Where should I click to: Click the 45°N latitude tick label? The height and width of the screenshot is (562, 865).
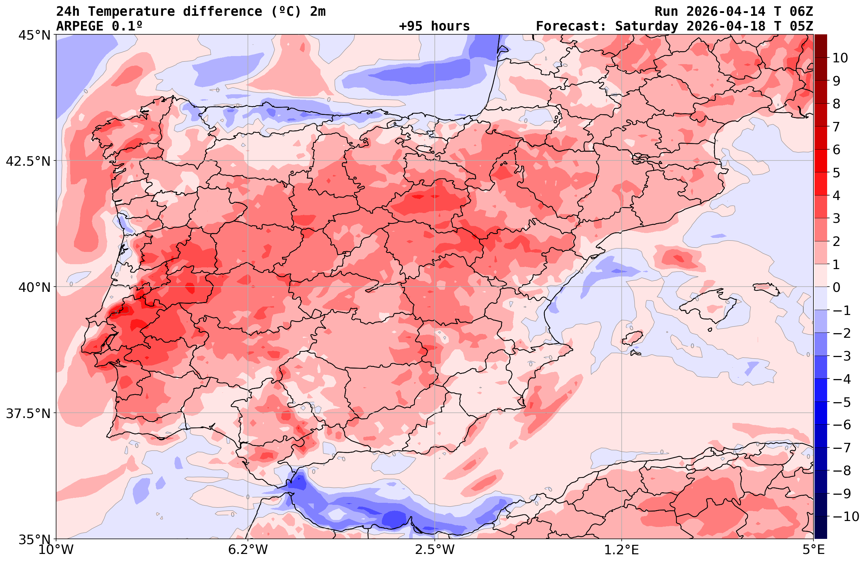[34, 35]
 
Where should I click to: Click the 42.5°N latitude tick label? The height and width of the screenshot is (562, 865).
[28, 161]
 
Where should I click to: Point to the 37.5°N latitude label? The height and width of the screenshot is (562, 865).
[28, 413]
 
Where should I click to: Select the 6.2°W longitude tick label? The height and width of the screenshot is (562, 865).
[248, 550]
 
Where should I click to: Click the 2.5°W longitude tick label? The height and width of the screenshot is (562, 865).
[435, 550]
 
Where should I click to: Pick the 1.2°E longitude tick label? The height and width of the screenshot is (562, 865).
[622, 550]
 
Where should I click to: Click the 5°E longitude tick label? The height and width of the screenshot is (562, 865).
[813, 550]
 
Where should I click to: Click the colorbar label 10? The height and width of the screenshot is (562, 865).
[840, 58]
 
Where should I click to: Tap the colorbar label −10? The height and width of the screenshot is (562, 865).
[846, 516]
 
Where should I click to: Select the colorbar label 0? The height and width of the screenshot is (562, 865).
[836, 287]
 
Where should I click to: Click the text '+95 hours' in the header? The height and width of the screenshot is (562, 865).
[434, 26]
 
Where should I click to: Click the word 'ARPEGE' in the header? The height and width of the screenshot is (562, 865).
[80, 26]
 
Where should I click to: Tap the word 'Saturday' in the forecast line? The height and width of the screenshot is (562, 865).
[647, 26]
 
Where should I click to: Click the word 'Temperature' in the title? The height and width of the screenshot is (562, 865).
[131, 12]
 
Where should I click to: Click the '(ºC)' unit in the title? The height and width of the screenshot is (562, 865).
[286, 12]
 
